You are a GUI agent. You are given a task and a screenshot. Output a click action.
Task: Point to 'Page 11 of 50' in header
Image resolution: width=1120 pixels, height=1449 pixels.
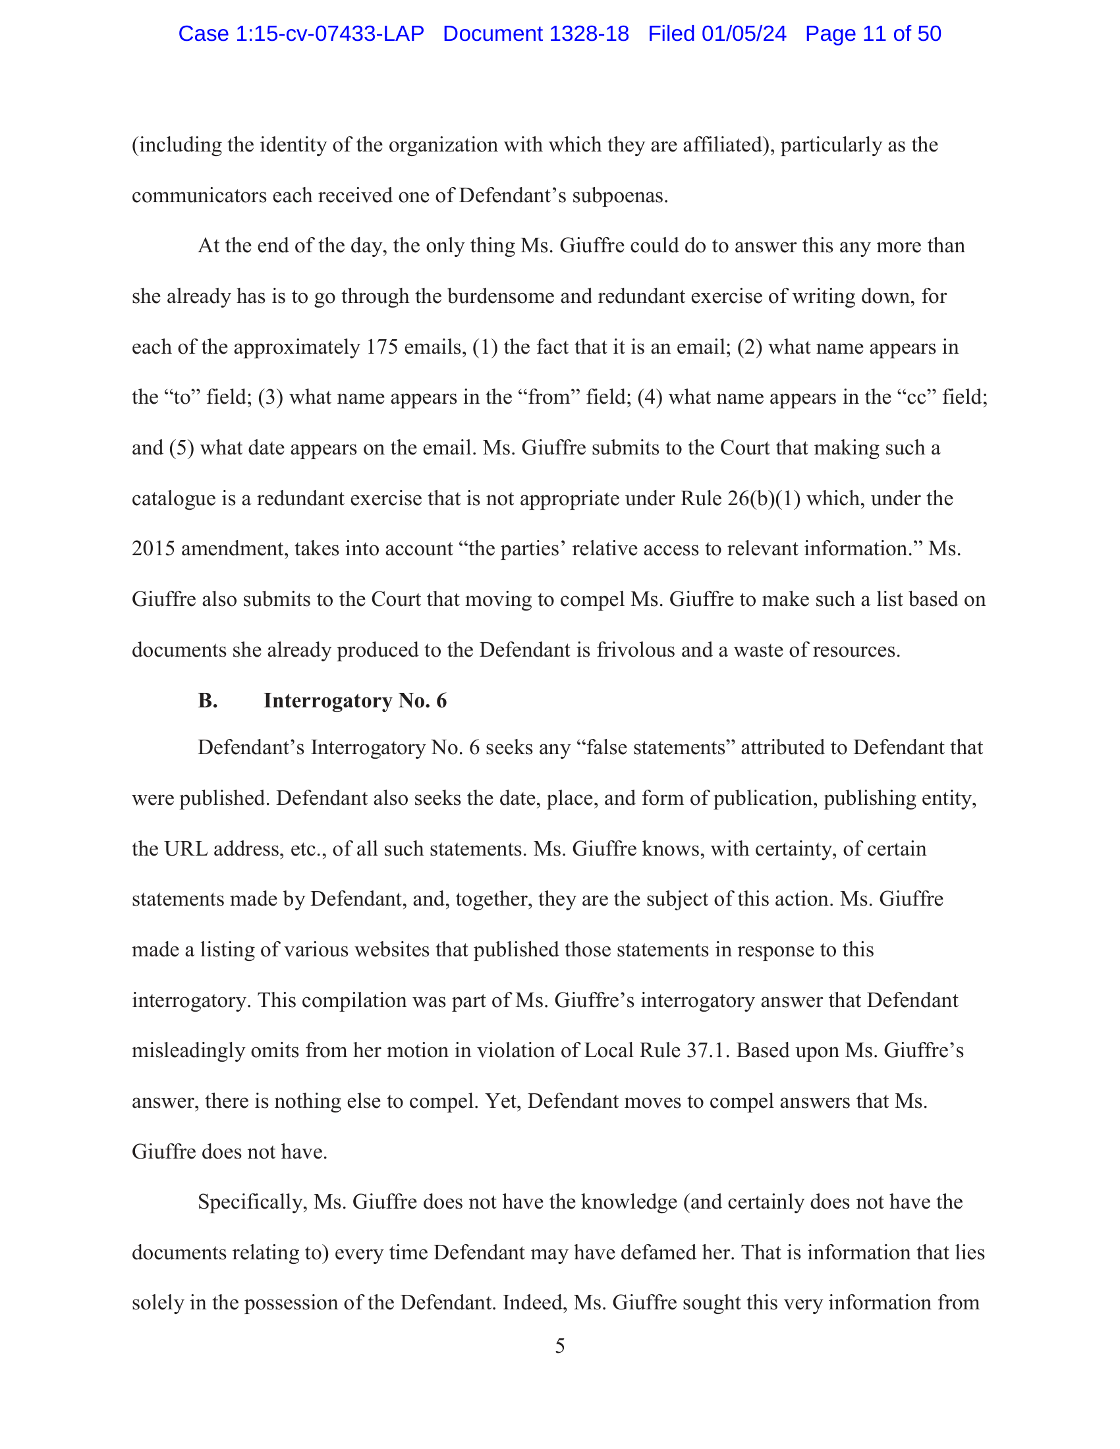tap(872, 34)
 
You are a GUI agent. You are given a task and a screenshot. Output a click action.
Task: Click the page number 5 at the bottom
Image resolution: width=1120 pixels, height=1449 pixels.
tap(559, 1346)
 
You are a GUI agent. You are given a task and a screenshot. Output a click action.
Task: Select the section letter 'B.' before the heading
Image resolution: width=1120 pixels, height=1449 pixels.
tap(208, 701)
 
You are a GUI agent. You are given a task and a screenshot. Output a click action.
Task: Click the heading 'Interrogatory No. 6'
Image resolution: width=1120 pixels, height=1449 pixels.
tap(355, 701)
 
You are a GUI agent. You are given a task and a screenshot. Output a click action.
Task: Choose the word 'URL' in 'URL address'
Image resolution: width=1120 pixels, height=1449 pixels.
tap(183, 849)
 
